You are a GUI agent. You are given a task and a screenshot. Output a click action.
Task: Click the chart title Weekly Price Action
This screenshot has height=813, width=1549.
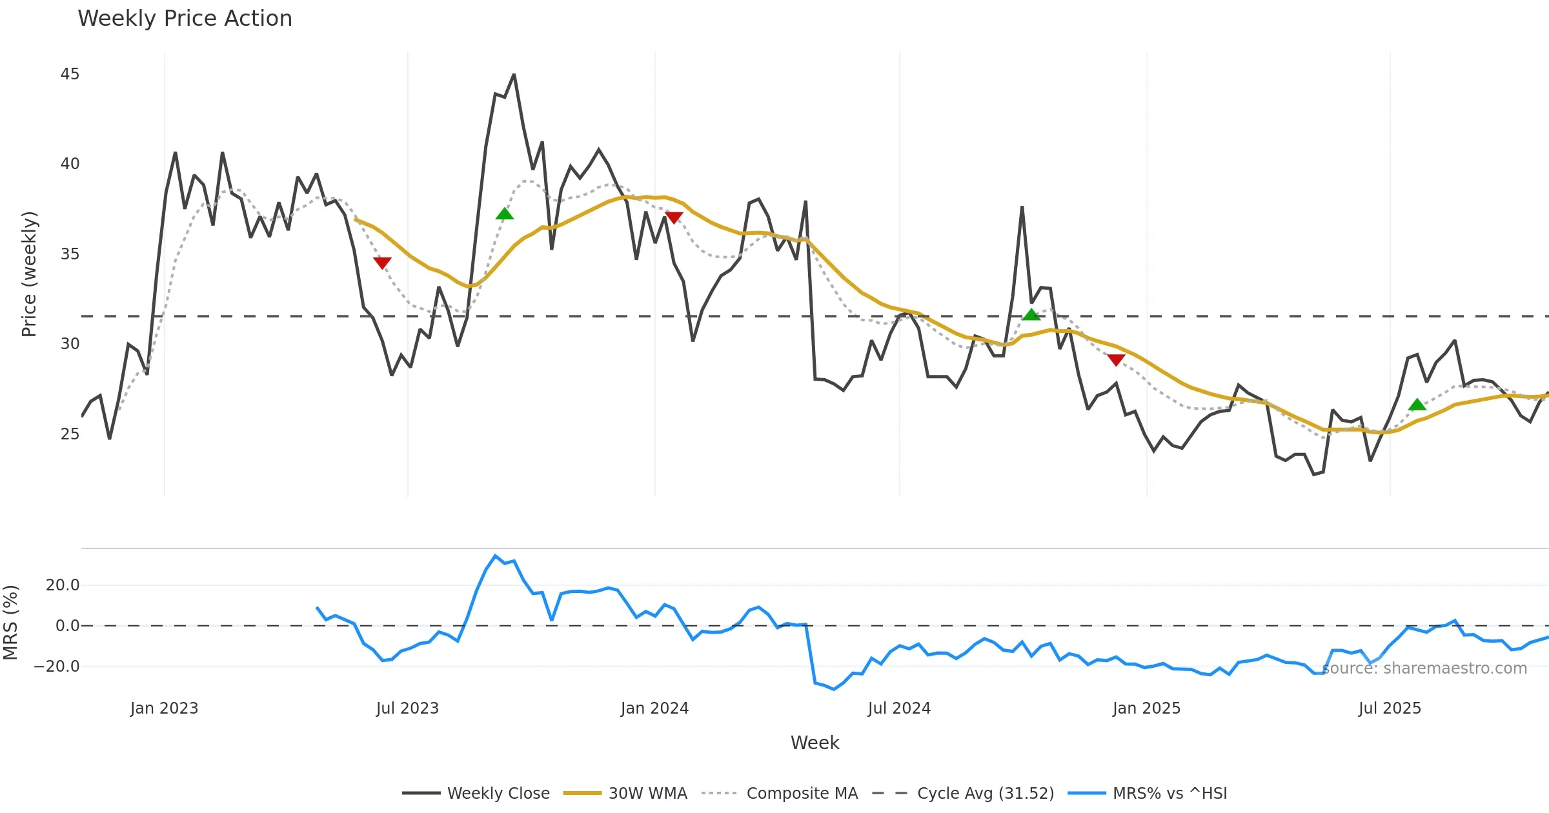tap(185, 19)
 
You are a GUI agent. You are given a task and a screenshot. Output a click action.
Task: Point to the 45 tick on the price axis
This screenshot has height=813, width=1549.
tap(70, 74)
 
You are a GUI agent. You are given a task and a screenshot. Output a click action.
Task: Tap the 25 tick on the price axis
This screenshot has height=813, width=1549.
tap(70, 434)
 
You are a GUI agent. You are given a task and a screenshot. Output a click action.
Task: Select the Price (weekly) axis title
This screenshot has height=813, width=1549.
tap(29, 274)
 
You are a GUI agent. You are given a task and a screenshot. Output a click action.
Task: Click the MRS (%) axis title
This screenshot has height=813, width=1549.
tap(10, 622)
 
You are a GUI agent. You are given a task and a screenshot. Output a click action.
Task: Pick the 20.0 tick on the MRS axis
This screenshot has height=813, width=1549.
tap(63, 585)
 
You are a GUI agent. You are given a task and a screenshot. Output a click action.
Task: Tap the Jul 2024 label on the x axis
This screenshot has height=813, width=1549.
tap(899, 708)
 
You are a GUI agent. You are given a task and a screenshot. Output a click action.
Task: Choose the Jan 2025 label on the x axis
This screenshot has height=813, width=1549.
tap(1146, 708)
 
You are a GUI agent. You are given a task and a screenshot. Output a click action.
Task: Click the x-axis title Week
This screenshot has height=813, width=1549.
tap(815, 743)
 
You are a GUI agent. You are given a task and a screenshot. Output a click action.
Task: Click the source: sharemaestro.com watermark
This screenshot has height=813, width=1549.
tap(1424, 668)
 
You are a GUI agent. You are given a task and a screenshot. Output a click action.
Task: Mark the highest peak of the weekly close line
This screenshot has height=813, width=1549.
tap(514, 75)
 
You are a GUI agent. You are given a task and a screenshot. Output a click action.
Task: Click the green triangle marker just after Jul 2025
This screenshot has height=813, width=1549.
tap(1417, 405)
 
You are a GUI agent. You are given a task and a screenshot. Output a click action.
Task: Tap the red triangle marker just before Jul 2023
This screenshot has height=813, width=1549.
tap(382, 263)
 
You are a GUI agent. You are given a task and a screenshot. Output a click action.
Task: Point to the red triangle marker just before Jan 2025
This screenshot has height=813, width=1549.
tap(1116, 359)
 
